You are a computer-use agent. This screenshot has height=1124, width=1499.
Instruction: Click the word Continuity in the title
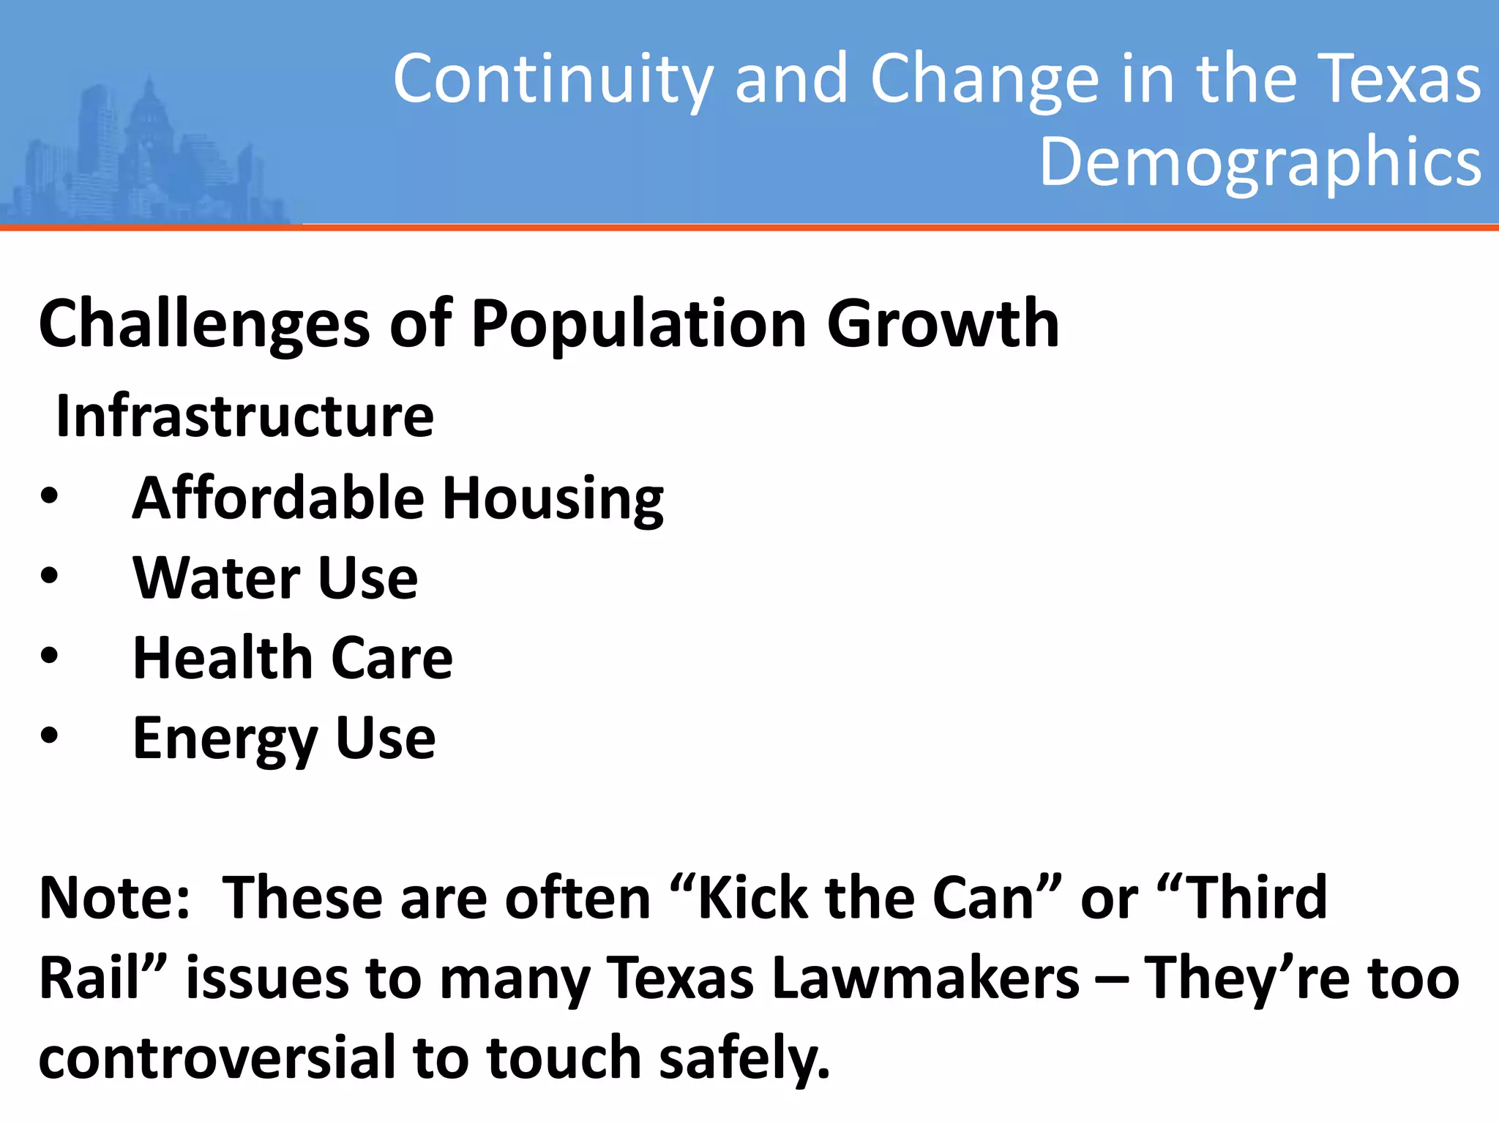click(x=553, y=79)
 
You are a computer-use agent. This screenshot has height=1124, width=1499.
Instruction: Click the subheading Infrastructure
click(x=245, y=416)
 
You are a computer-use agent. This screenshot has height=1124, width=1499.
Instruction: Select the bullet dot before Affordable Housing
click(x=49, y=498)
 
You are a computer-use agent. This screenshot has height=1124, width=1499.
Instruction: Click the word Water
click(x=216, y=578)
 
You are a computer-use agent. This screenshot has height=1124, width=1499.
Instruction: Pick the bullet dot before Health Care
click(x=49, y=656)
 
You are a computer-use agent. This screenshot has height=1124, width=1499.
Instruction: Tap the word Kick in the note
click(x=750, y=898)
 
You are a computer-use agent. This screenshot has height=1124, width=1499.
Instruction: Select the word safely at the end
click(x=743, y=1058)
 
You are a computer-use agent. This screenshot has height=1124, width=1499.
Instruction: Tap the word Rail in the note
click(x=88, y=978)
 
